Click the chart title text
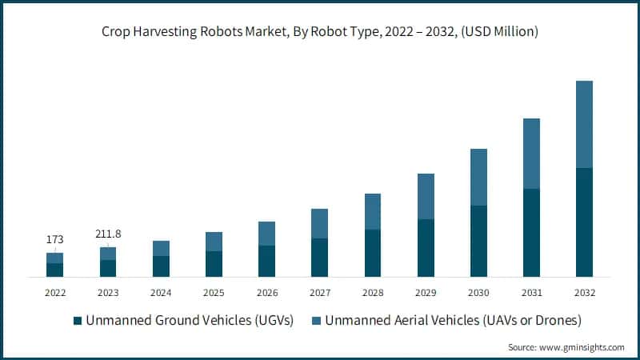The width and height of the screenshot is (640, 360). pos(320,32)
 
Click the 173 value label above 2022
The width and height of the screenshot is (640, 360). pos(54,239)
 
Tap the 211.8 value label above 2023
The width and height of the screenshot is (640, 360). pos(108,234)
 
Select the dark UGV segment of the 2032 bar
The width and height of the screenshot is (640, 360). pos(584,222)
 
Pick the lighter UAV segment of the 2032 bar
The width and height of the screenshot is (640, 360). pos(584,124)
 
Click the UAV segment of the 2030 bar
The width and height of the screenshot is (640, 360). pos(478,177)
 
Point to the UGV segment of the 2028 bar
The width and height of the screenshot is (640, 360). pos(373,253)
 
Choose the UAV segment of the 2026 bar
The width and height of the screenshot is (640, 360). pos(266,234)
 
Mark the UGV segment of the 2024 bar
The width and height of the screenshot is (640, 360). pos(161,266)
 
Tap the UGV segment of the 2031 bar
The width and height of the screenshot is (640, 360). pos(531,232)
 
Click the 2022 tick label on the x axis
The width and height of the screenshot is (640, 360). pos(54,292)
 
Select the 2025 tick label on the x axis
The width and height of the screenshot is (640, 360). pos(214,292)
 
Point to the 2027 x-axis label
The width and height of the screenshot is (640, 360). pos(319,292)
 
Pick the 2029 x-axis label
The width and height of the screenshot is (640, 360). pos(426,292)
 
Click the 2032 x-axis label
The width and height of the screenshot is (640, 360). pos(584,292)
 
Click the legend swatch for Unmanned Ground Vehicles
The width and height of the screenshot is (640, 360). pos(78,321)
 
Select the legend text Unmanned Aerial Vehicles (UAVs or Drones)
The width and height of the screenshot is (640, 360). pos(452,321)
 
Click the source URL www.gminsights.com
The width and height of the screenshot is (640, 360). pos(582,347)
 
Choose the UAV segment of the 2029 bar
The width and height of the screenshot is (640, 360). pos(426,196)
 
